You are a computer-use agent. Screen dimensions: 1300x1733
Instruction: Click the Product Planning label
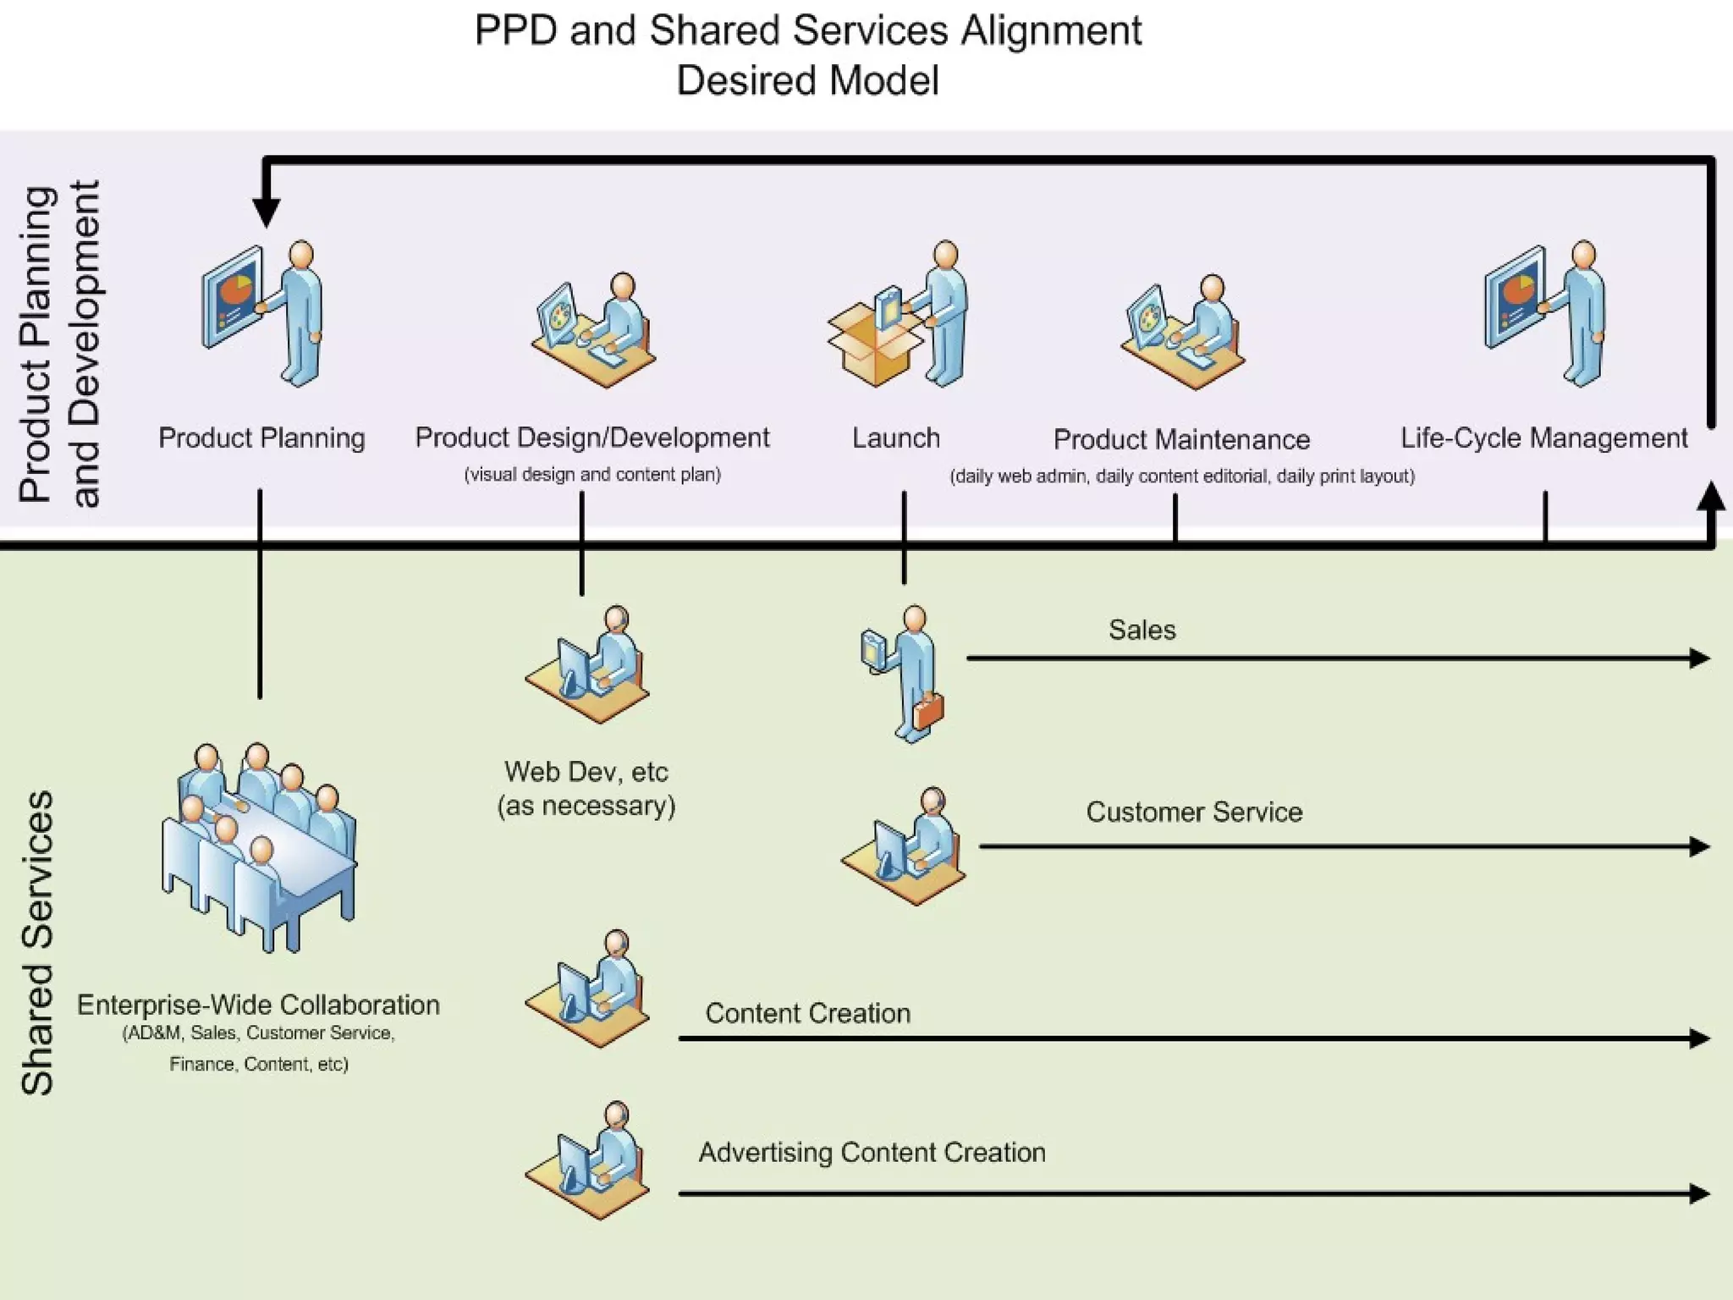(x=261, y=438)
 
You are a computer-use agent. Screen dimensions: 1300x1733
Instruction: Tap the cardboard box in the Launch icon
(x=872, y=347)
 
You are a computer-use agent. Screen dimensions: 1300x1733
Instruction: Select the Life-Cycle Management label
(x=1543, y=438)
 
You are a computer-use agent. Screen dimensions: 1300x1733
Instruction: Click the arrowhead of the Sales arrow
(x=1699, y=658)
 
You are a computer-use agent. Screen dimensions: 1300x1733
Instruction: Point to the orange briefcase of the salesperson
(x=928, y=711)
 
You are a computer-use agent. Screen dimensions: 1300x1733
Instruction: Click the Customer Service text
(x=1194, y=812)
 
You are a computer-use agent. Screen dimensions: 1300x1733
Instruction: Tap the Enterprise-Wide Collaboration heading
(x=258, y=1005)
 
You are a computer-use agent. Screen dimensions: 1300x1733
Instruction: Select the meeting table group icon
(x=258, y=846)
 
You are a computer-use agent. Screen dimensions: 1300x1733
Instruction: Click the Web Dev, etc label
(x=586, y=772)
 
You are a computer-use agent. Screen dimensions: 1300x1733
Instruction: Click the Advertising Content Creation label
(x=872, y=1153)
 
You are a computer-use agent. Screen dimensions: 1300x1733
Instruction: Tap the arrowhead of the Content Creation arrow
(x=1699, y=1038)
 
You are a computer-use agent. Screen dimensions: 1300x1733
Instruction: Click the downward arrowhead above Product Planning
(x=267, y=212)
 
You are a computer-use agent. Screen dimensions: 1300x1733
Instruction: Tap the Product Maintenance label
(x=1181, y=440)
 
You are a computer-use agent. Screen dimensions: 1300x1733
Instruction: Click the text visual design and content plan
(x=592, y=475)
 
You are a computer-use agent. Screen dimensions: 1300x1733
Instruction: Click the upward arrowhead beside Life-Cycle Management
(x=1711, y=498)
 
